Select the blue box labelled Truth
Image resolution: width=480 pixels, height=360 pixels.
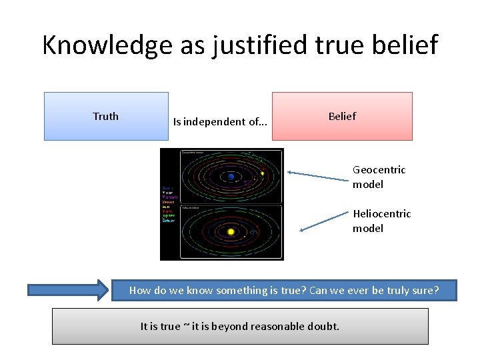106,116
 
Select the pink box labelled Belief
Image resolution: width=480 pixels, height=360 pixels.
342,116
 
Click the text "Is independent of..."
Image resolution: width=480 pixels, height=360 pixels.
220,122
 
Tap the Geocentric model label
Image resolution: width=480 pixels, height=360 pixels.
379,177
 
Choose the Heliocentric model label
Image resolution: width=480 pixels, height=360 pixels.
381,221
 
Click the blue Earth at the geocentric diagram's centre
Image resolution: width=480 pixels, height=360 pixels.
231,177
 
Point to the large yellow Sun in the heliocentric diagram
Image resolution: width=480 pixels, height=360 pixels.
231,232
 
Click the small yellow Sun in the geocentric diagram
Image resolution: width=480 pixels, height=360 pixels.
263,173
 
